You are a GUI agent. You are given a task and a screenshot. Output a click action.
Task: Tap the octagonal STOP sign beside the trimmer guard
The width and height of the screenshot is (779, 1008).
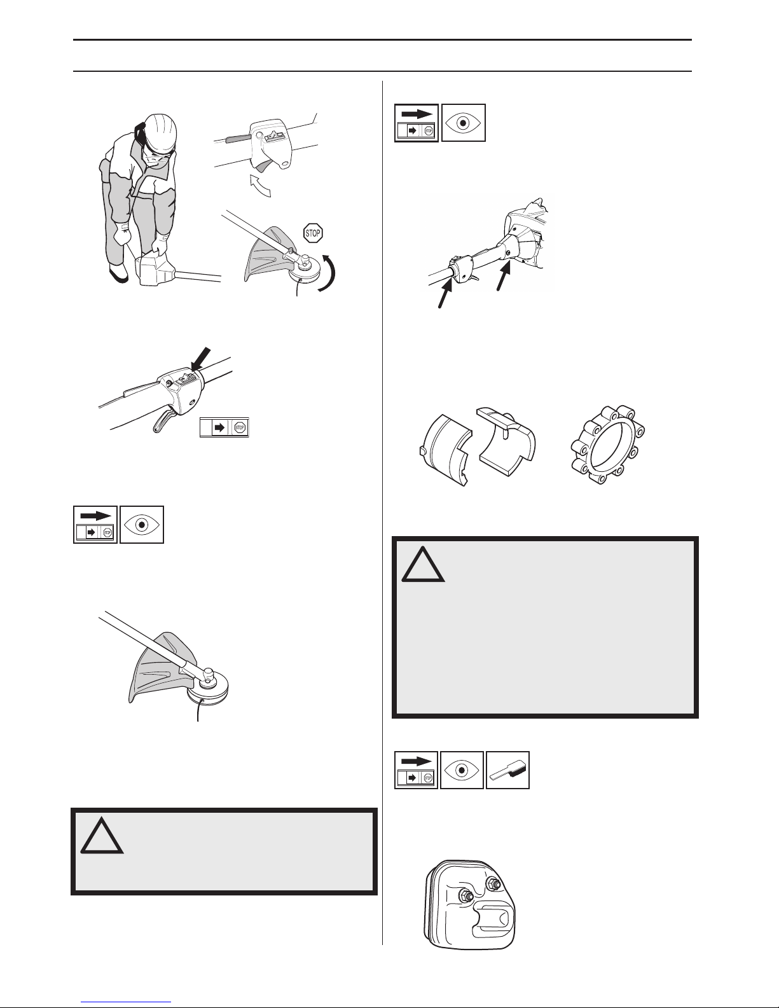coord(313,233)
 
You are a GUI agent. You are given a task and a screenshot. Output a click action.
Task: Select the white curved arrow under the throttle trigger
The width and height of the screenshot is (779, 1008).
coord(259,185)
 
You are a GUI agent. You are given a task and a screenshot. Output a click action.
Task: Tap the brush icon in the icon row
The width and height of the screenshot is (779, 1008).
coord(507,770)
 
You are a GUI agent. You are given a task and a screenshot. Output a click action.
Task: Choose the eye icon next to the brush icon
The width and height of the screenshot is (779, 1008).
coord(462,770)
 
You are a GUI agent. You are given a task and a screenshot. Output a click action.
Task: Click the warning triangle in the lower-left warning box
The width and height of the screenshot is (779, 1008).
coord(102,836)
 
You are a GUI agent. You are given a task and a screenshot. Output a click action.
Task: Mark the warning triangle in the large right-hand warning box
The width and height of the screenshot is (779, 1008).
coord(423,564)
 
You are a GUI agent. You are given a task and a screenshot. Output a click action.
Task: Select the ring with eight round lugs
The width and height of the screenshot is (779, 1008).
coord(608,445)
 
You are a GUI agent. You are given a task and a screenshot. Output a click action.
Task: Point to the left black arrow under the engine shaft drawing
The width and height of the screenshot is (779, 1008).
coord(445,293)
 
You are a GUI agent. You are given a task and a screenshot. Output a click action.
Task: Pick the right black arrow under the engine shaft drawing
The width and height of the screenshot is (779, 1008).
coord(504,276)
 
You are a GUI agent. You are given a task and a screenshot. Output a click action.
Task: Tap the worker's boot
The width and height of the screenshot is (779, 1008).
coord(118,273)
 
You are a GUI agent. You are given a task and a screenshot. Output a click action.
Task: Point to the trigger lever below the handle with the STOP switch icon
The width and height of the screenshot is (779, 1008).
coord(162,417)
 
